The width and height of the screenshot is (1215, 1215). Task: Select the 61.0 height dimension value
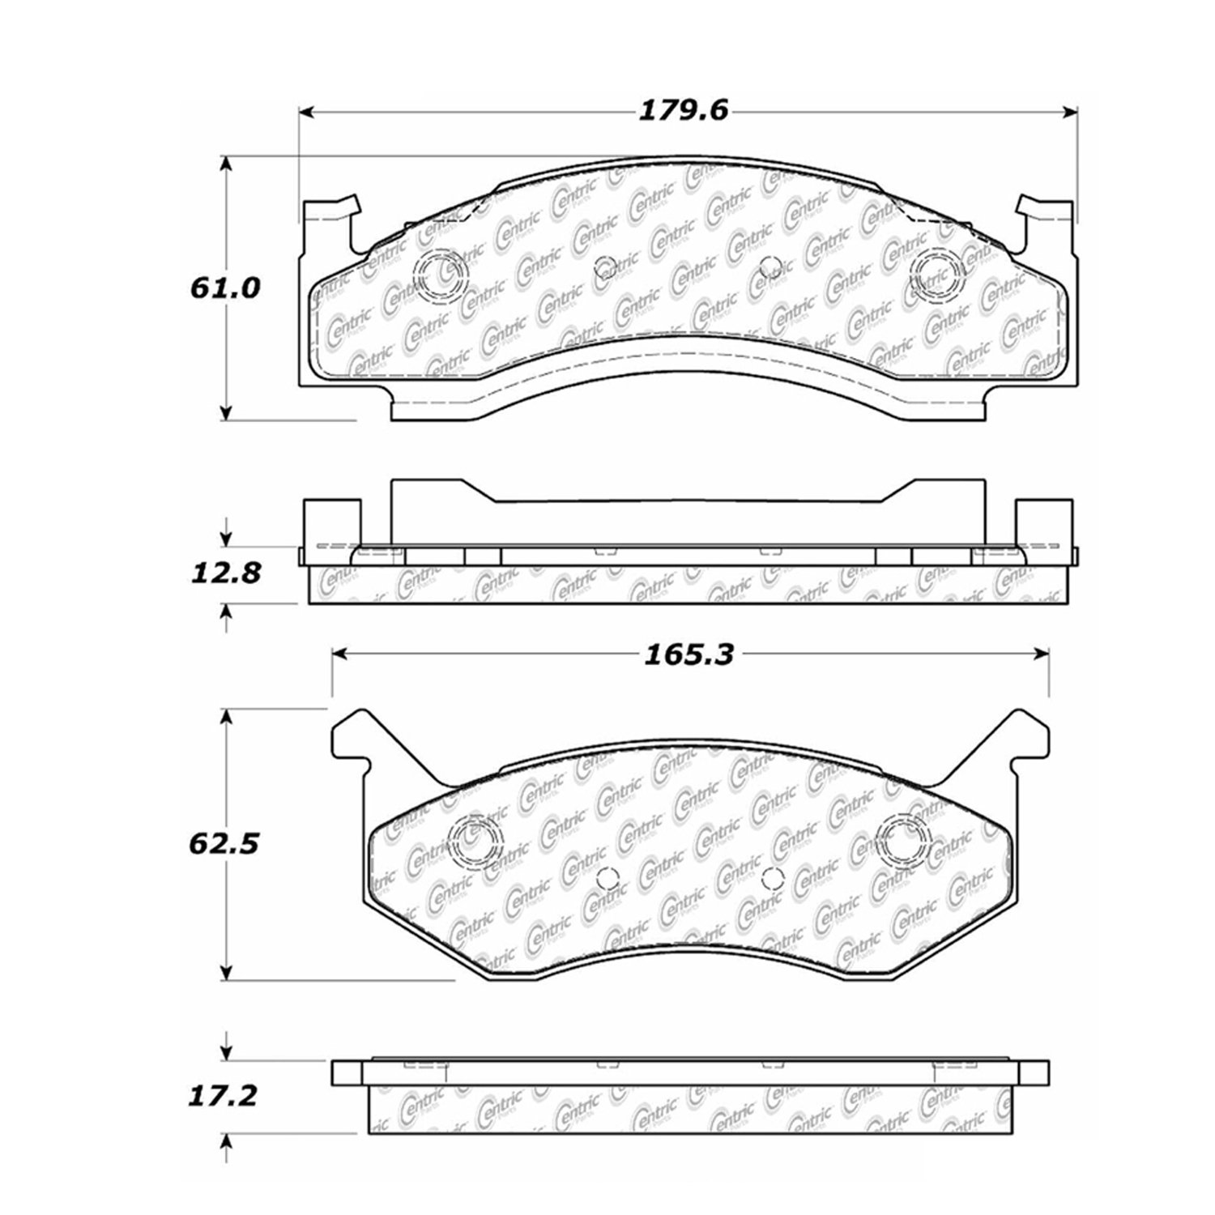225,288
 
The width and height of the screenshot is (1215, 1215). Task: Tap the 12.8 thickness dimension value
225,573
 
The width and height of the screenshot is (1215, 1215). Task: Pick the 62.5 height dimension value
225,845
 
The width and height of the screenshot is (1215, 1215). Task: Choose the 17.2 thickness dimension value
225,1097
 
